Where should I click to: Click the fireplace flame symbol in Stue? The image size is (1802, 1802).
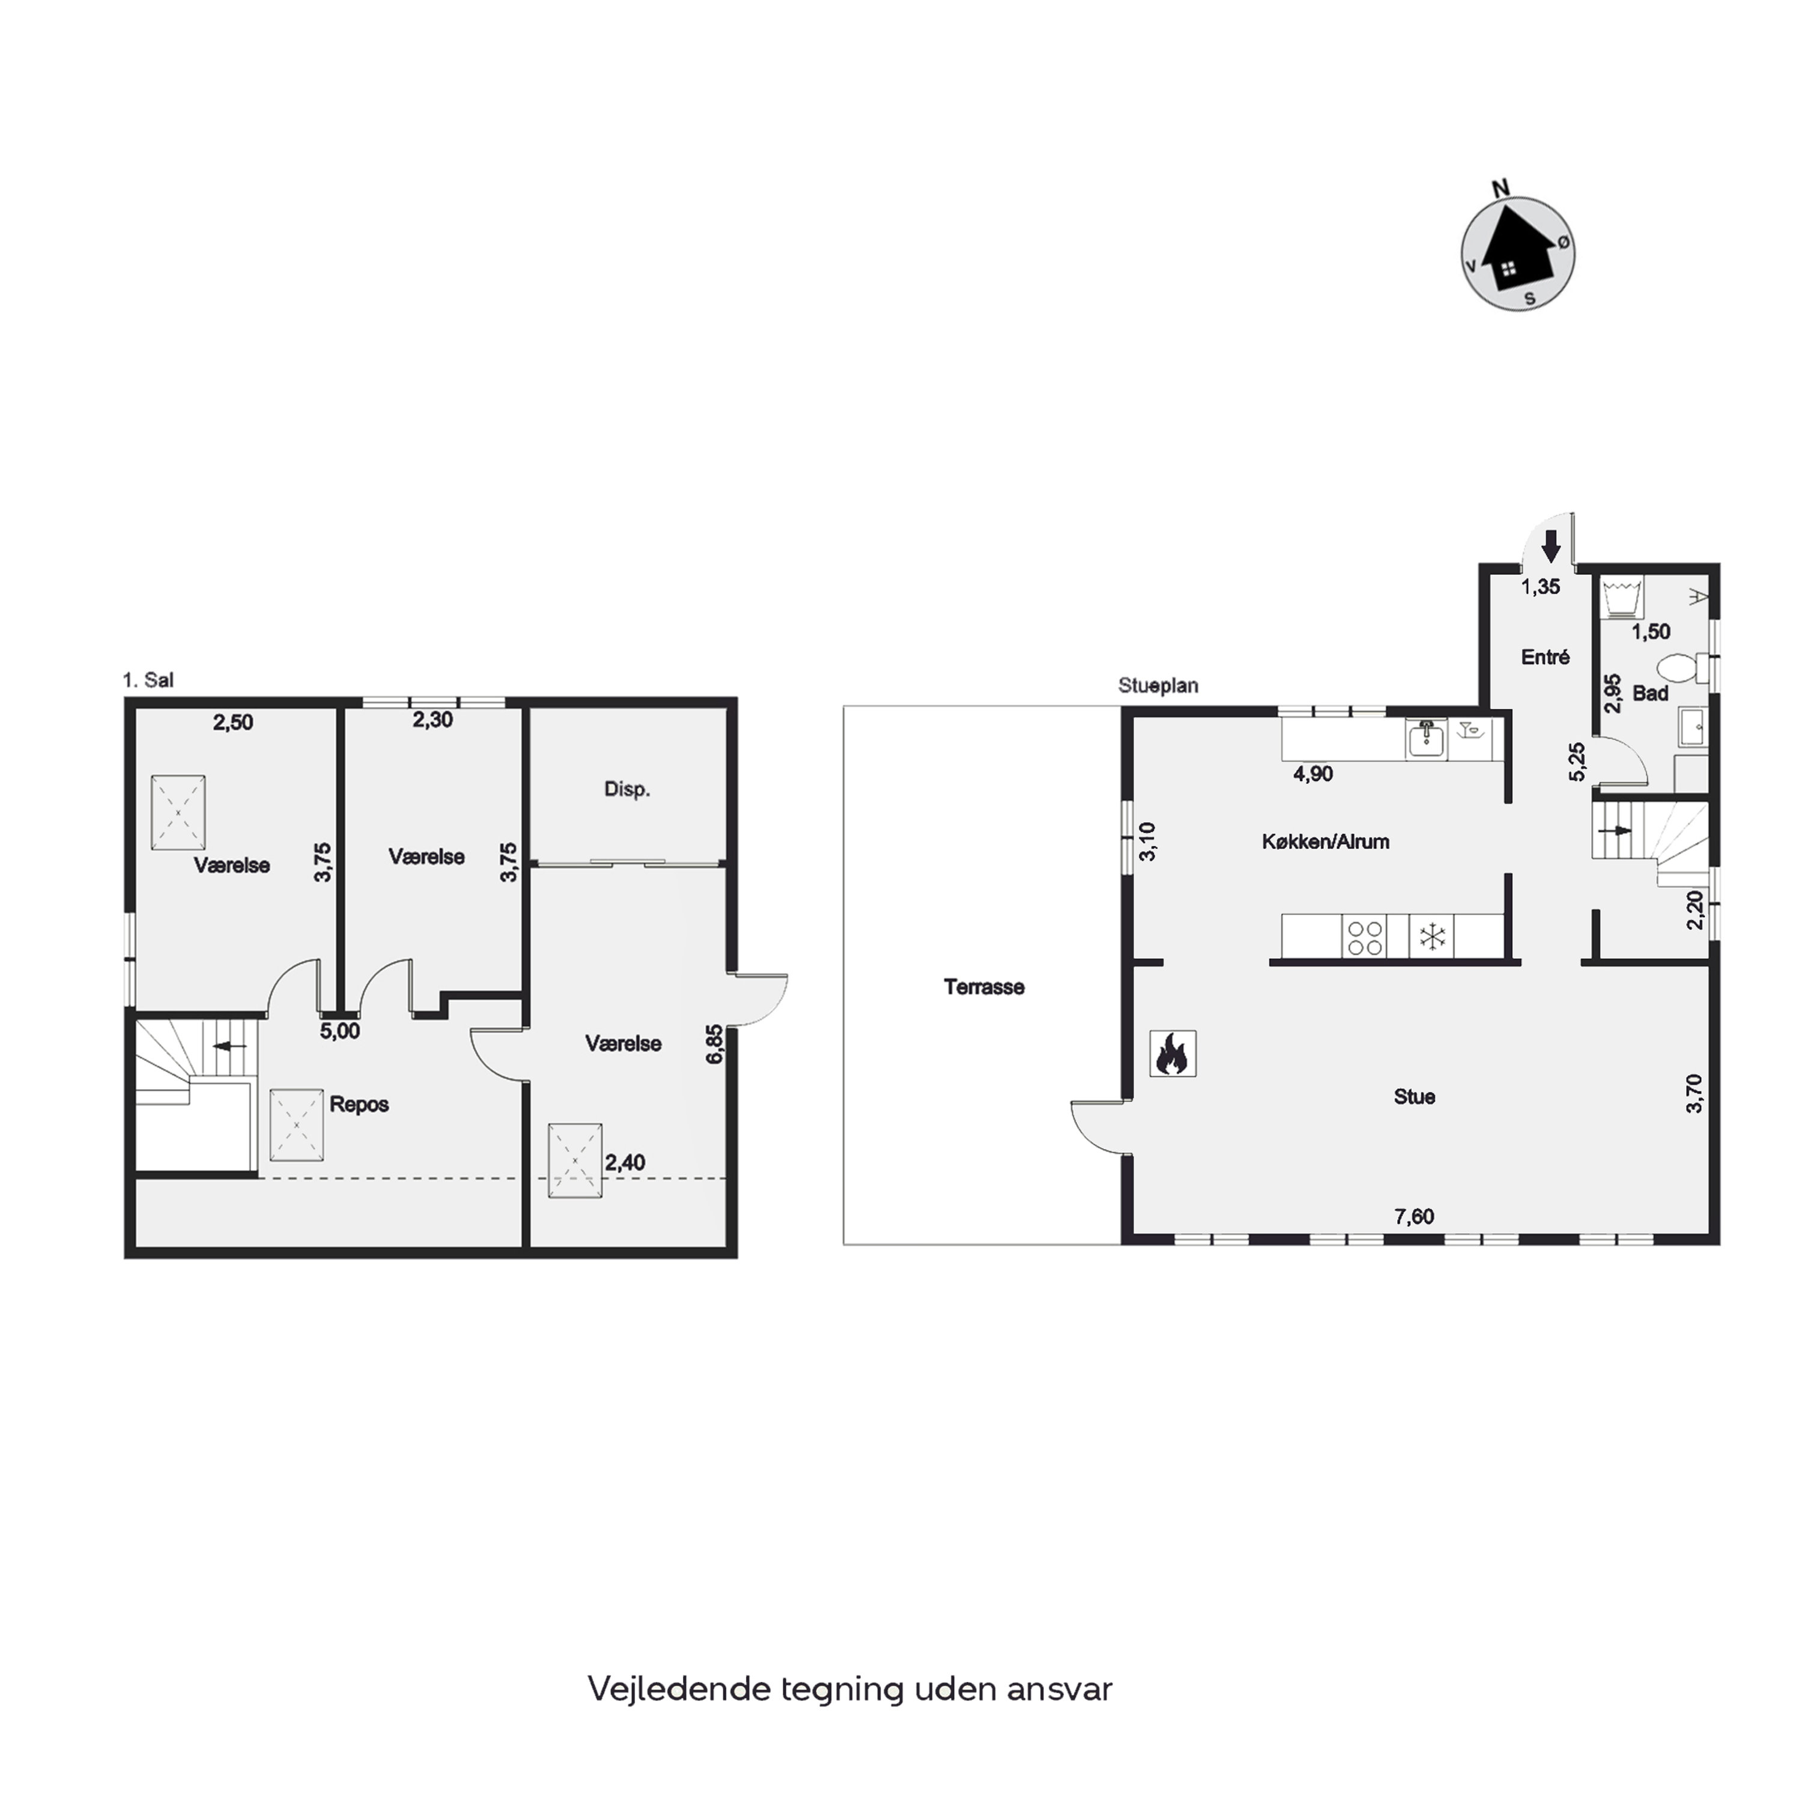1173,1054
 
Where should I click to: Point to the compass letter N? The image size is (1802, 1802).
1500,189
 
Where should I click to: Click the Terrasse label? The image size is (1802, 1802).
984,987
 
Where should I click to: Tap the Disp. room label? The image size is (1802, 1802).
626,789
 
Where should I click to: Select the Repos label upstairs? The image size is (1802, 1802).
359,1105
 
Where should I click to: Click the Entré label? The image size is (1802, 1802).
1544,657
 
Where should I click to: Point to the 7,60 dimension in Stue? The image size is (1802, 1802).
1414,1216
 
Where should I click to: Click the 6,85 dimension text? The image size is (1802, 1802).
714,1044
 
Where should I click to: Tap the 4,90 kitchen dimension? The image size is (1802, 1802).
1312,773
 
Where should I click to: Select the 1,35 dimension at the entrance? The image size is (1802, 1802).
1541,587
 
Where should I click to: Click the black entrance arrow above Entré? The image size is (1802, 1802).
1551,545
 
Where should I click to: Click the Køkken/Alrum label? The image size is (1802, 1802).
1326,842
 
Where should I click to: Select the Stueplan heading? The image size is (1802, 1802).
1159,685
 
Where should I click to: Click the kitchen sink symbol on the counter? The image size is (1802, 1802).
1426,739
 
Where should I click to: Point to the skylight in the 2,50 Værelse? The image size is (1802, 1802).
178,812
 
